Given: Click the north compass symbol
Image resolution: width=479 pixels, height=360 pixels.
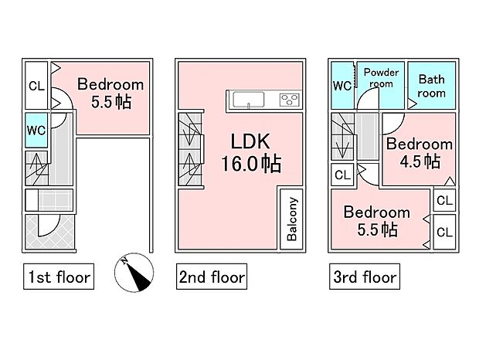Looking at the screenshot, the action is tap(134, 273).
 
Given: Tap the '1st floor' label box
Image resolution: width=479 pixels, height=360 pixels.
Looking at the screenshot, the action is tap(59, 277).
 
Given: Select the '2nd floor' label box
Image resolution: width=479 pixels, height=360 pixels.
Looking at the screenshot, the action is tap(212, 277).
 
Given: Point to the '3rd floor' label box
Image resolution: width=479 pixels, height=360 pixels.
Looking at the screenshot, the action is tap(365, 277).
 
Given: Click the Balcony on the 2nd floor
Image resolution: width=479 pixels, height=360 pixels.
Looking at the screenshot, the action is tap(292, 219).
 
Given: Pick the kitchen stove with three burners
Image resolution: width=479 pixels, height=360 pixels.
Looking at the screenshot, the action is tap(289, 100).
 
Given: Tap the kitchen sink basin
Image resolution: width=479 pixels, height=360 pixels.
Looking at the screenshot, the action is tap(248, 100).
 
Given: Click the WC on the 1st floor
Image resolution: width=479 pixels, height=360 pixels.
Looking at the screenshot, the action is tap(36, 131).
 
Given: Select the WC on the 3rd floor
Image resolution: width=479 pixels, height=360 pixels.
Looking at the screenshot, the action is tap(342, 86).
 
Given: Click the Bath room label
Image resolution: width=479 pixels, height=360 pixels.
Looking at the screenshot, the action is tap(431, 86).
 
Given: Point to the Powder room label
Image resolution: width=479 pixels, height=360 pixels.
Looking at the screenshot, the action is tap(381, 78).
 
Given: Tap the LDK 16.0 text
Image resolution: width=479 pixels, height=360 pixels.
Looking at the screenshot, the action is tap(250, 153).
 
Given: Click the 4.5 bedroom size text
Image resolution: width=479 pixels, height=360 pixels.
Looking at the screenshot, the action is tap(420, 161).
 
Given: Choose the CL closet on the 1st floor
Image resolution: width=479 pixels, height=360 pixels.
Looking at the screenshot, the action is tap(36, 86).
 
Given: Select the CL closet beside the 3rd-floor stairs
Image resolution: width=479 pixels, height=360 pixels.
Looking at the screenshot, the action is tap(342, 175).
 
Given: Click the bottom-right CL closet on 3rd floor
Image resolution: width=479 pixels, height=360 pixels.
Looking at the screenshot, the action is tap(444, 232).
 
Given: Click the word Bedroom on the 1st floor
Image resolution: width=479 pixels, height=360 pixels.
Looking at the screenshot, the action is tap(110, 84).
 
